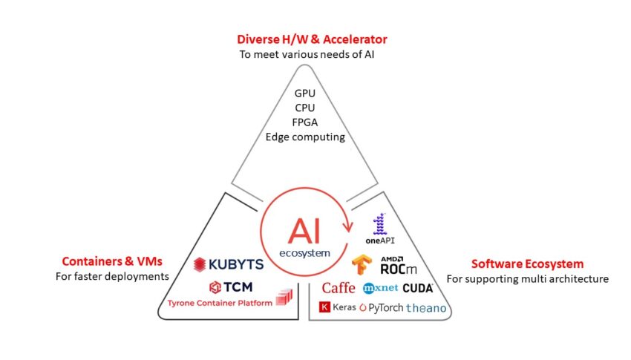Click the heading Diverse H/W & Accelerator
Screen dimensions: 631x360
pos(312,39)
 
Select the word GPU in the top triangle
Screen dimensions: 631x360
pos(304,94)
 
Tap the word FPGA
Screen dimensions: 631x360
pos(304,122)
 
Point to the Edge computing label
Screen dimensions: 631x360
pos(305,137)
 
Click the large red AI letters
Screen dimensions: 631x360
pos(304,232)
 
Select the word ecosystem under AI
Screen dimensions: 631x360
pos(304,253)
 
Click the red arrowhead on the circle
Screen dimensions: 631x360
pos(347,227)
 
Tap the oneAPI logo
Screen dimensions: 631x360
pos(380,229)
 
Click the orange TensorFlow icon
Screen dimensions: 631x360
pos(362,265)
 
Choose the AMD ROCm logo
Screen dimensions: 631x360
pos(399,266)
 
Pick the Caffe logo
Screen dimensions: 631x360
pos(339,288)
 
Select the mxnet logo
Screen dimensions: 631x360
pos(380,288)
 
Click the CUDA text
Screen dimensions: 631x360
pos(418,288)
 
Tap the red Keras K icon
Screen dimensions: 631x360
pos(324,307)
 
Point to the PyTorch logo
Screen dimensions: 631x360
pos(381,308)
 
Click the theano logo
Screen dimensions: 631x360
pos(426,308)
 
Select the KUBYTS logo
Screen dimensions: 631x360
pos(229,265)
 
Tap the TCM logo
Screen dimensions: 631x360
pos(231,287)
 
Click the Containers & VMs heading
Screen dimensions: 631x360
pos(112,261)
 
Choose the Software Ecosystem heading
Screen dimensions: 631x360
pos(528,264)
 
